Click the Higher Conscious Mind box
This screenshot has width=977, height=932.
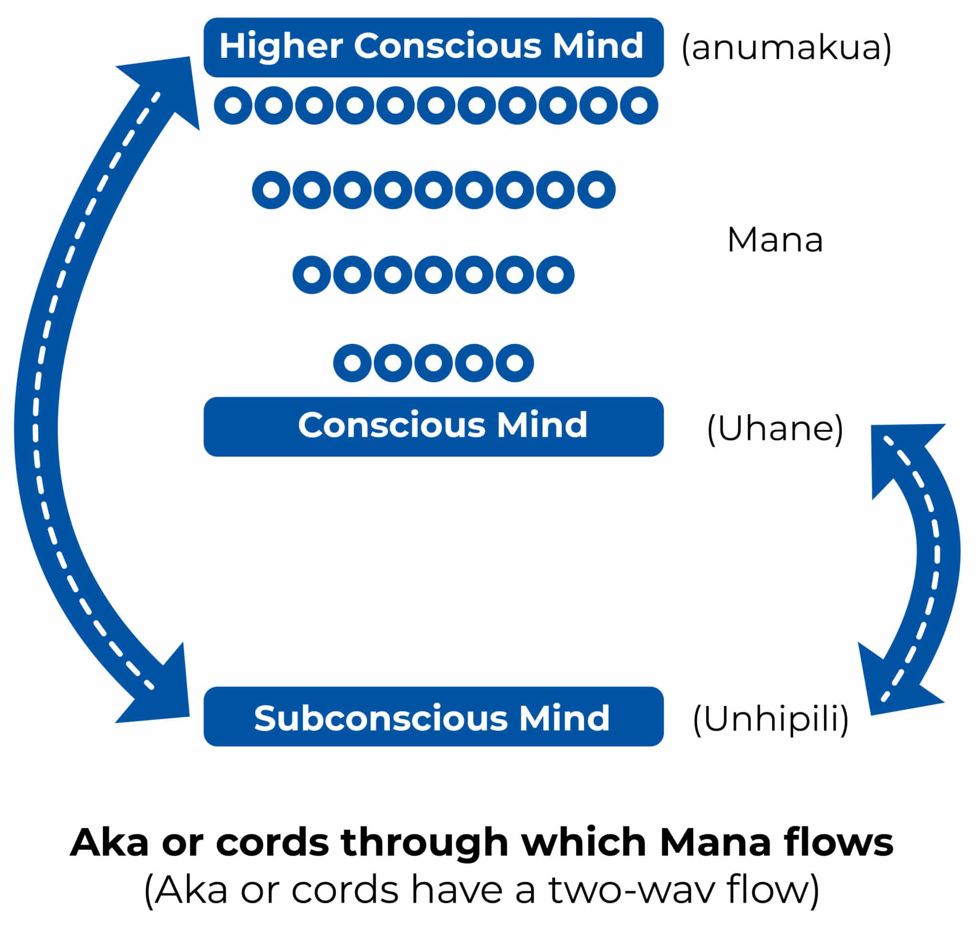pyautogui.click(x=433, y=47)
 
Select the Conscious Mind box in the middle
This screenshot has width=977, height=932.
pyautogui.click(x=433, y=426)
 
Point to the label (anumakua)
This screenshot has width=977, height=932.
pyautogui.click(x=786, y=49)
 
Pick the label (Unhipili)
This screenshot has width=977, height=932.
pyautogui.click(x=771, y=719)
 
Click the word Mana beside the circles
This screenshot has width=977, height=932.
pyautogui.click(x=775, y=240)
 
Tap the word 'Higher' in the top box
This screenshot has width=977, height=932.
pyautogui.click(x=281, y=46)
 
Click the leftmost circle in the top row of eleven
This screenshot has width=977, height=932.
pyautogui.click(x=233, y=105)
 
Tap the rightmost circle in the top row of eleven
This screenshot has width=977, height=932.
pyautogui.click(x=639, y=105)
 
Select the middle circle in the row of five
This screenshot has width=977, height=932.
pyautogui.click(x=433, y=362)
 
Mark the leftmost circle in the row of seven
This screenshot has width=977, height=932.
pyautogui.click(x=312, y=274)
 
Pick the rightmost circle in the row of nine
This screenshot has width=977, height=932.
pyautogui.click(x=596, y=189)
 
